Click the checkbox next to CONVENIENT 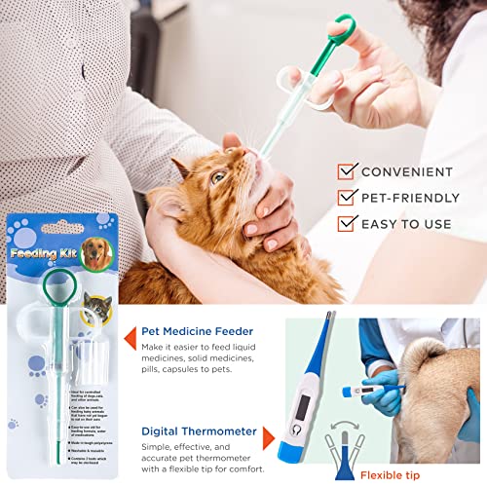pos(347,171)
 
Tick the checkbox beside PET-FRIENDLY pos(347,197)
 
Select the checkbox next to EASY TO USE pos(347,223)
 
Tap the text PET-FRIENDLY pos(410,198)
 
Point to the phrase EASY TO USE pos(407,224)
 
